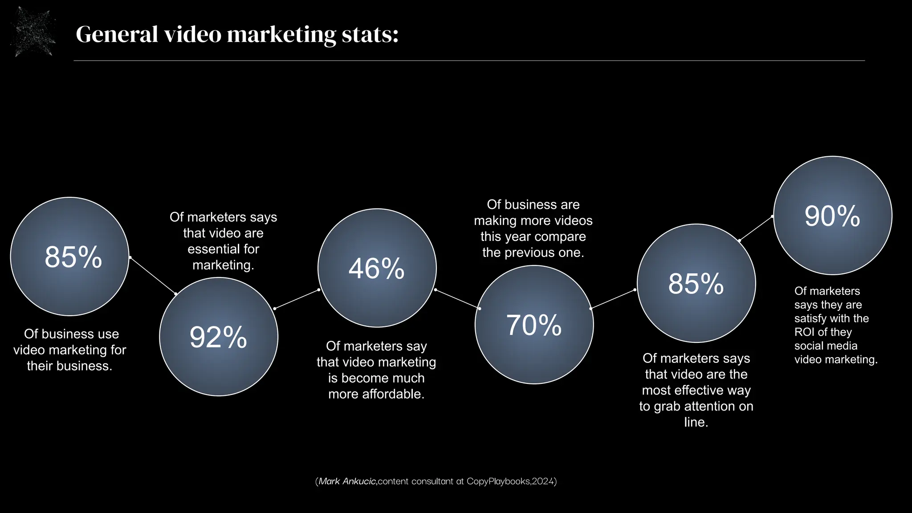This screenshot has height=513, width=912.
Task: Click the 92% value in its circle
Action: (218, 337)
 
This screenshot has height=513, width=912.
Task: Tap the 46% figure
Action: (377, 269)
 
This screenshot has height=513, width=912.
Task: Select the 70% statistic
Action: (534, 325)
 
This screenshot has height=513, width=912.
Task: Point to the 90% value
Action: (832, 216)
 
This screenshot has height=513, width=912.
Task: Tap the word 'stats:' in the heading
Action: (370, 34)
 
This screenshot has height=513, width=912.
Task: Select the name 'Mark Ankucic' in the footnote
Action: (347, 481)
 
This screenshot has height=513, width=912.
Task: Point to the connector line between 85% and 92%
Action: (153, 276)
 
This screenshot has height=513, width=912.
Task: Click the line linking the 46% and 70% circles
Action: (457, 299)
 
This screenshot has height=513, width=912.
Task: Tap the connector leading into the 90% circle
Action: (756, 228)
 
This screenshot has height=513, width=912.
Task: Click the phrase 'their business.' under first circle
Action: (69, 366)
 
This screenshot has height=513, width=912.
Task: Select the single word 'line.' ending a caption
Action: (696, 422)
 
